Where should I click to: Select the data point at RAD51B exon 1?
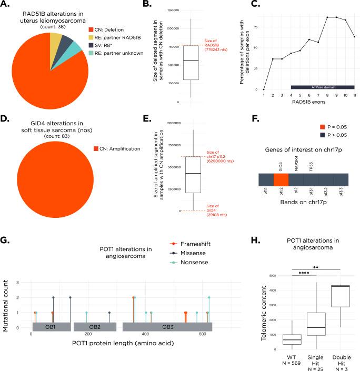(x=264, y=89)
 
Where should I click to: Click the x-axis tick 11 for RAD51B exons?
(x=354, y=96)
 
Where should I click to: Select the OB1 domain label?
(x=51, y=327)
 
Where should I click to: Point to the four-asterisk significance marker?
(x=304, y=273)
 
